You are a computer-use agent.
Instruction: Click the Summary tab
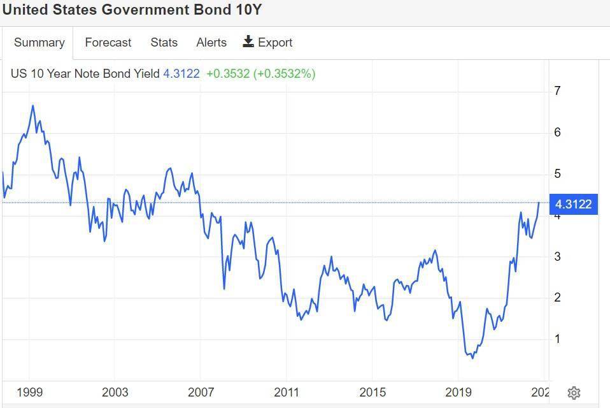(x=39, y=43)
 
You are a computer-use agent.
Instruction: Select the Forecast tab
(x=108, y=43)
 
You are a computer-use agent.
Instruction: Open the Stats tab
(x=164, y=43)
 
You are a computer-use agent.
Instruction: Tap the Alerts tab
(x=211, y=43)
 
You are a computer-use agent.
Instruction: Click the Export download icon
(x=248, y=42)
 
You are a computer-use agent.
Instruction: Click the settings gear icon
(x=574, y=393)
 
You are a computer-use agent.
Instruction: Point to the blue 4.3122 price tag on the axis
(x=573, y=204)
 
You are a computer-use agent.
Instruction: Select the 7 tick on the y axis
(x=557, y=91)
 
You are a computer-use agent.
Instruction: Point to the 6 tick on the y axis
(x=557, y=133)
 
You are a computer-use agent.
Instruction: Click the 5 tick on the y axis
(x=557, y=174)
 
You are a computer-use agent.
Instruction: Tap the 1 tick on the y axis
(x=557, y=339)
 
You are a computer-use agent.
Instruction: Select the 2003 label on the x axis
(x=115, y=392)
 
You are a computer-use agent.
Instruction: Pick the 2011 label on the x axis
(x=287, y=392)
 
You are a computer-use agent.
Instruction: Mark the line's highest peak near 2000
(x=32, y=105)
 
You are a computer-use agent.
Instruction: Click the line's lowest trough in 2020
(x=472, y=358)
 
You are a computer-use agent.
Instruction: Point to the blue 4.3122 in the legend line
(x=181, y=73)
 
